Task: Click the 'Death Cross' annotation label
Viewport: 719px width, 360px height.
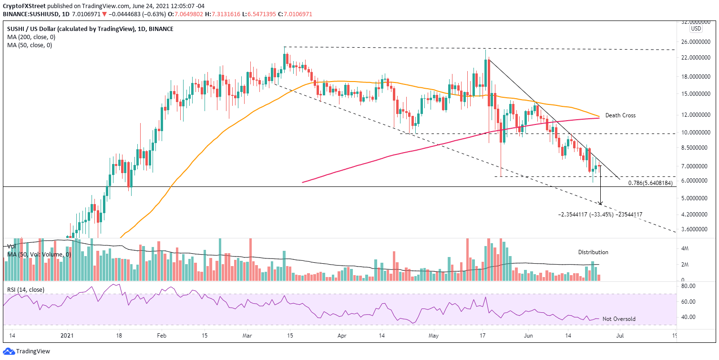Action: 620,115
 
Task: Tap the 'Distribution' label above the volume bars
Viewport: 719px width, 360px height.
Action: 593,252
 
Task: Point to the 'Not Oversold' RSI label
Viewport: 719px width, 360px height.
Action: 619,319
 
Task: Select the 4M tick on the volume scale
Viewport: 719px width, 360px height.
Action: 684,248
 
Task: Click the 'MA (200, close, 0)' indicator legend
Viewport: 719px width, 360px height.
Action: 29,37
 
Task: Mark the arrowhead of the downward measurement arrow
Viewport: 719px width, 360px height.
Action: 601,204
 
